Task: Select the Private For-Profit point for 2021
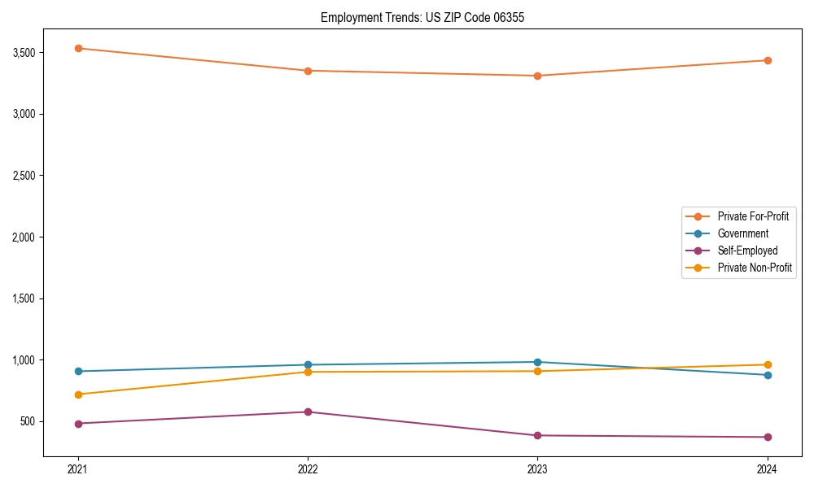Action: pos(78,48)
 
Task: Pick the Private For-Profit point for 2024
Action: pos(768,60)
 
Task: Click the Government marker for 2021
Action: pos(78,371)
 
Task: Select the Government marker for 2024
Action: pos(768,375)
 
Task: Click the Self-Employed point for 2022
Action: pos(308,412)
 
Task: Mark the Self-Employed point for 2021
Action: pos(78,424)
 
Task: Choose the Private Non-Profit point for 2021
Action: pos(78,394)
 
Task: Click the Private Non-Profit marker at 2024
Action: pos(768,364)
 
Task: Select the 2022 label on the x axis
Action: pos(308,468)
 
